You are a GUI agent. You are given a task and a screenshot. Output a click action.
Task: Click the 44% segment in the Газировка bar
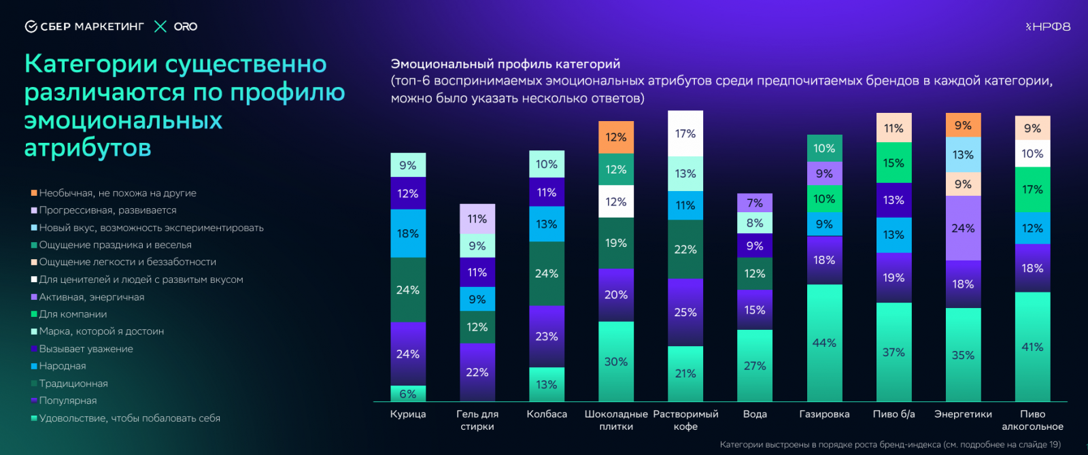(x=824, y=343)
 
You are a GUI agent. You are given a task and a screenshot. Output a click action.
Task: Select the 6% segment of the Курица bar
(x=408, y=394)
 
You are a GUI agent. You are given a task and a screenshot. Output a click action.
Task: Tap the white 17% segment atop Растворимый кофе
(x=685, y=133)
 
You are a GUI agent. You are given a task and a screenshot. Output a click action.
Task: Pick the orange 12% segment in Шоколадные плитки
(x=616, y=137)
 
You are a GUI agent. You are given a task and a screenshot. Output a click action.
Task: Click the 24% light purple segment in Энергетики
(x=963, y=228)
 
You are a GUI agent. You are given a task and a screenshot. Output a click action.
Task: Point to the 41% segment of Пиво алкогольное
(x=1032, y=347)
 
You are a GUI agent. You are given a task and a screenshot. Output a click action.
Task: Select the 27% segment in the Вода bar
(x=755, y=365)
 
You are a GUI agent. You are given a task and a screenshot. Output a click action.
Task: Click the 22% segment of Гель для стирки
(x=477, y=372)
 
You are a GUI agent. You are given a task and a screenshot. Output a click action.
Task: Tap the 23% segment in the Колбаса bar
(x=547, y=336)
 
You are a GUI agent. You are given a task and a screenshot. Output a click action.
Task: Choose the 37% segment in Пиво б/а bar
(x=894, y=352)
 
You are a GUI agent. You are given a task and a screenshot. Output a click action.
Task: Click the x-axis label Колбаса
(x=547, y=414)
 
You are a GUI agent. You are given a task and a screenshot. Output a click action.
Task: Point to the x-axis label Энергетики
(x=963, y=414)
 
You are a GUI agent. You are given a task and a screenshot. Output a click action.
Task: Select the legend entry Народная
(x=62, y=366)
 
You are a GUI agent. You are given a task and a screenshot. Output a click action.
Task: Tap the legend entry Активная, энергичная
(x=91, y=297)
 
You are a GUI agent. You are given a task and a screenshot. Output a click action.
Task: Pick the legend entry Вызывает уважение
(x=86, y=349)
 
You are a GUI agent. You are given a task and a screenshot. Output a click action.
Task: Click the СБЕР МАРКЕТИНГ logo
(x=85, y=27)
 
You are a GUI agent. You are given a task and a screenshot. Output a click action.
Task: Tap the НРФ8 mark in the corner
(x=1048, y=27)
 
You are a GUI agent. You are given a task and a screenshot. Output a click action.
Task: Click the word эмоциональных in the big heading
(x=123, y=120)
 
